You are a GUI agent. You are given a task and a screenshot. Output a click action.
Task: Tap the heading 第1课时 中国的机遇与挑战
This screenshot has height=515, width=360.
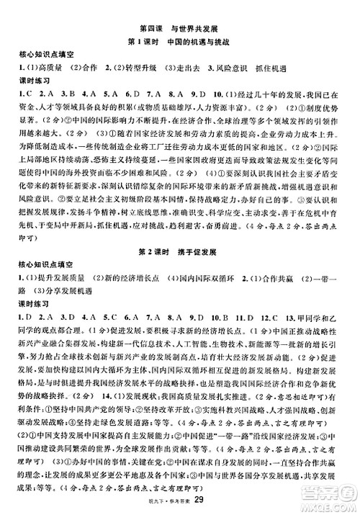click(180, 40)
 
